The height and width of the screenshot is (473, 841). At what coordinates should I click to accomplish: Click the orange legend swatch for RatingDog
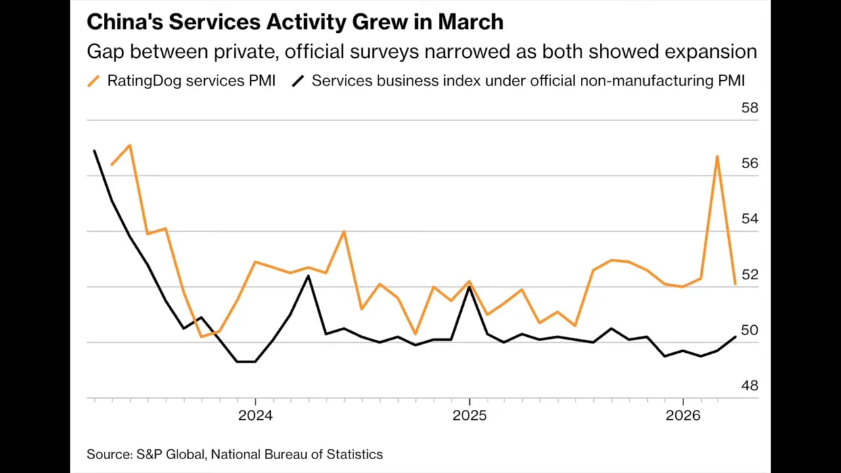pos(94,81)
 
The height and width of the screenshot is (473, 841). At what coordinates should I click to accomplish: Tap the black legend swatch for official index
pos(298,81)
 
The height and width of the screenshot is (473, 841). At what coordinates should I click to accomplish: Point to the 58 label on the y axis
pos(749,108)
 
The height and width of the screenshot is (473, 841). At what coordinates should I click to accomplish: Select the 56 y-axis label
pos(749,163)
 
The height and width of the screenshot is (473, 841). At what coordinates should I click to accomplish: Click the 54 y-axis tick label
pos(749,219)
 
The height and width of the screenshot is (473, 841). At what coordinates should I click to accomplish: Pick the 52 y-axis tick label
pos(749,275)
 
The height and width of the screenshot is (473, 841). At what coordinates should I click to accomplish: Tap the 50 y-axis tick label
pos(749,330)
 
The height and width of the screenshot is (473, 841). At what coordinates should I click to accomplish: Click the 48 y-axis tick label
pos(749,386)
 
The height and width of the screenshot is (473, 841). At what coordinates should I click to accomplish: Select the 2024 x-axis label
pos(255,415)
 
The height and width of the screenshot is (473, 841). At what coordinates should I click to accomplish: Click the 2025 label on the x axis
pos(469,415)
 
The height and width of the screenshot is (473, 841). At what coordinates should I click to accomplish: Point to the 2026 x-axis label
pos(683,415)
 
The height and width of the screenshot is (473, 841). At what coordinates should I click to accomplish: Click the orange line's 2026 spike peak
pos(717,156)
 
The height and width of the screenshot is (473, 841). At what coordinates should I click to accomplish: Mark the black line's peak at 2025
pos(469,286)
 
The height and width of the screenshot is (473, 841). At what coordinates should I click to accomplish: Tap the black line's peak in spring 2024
pos(308,276)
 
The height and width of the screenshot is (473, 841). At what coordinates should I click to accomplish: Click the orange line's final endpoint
pos(735,284)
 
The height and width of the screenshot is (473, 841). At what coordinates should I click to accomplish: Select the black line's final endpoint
pos(735,337)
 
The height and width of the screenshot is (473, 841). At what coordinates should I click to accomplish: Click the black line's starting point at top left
pos(95,151)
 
